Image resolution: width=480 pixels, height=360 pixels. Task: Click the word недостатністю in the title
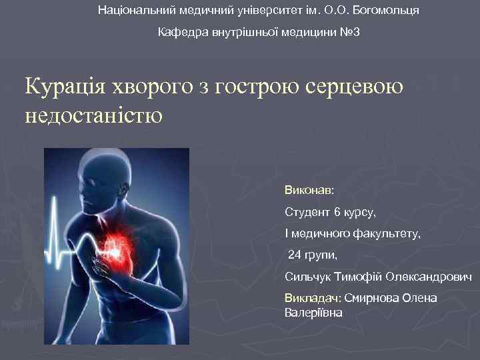(93, 115)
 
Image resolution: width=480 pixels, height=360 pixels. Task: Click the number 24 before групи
(295, 255)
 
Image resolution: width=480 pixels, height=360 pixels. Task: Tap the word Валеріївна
(313, 311)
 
